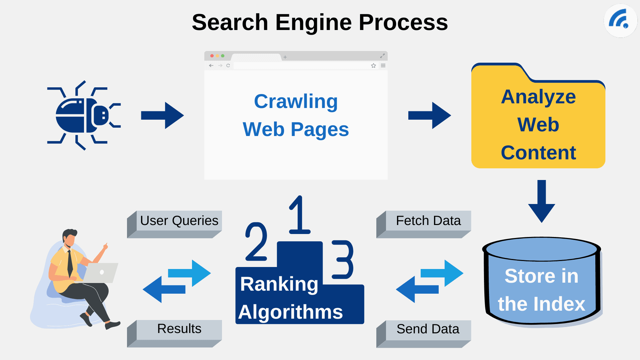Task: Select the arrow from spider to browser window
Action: click(162, 115)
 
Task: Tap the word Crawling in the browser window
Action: click(296, 101)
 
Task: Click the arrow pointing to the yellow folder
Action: click(429, 115)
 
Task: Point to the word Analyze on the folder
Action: click(538, 97)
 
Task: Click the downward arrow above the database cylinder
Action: click(541, 201)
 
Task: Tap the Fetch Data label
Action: click(428, 221)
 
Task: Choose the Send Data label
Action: click(428, 329)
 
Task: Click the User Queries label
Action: click(179, 221)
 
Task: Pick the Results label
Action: click(179, 329)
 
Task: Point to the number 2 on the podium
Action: click(256, 241)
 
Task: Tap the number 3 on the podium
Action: click(342, 259)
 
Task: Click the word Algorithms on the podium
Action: click(290, 312)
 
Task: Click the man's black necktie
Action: click(70, 263)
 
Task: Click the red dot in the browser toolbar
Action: click(212, 56)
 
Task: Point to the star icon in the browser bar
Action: click(373, 66)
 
